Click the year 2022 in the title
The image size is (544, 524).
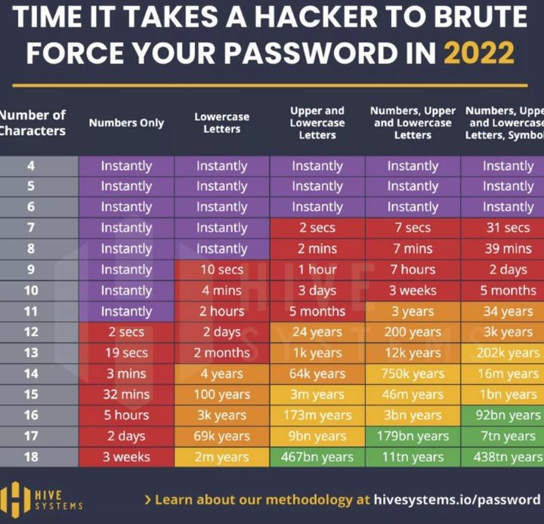[479, 53]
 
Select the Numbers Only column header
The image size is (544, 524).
[126, 122]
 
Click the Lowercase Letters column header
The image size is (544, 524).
[221, 123]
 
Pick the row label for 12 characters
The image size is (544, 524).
[31, 331]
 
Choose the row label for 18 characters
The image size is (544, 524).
[31, 456]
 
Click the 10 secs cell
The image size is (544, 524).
[221, 270]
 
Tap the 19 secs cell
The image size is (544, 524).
[126, 353]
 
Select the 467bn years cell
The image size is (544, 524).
[317, 456]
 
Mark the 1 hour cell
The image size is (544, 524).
[317, 270]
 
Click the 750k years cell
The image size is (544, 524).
[413, 373]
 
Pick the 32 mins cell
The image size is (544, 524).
[126, 394]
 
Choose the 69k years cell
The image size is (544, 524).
[221, 436]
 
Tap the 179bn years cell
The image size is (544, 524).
[413, 436]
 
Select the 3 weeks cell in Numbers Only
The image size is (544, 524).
[126, 456]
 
